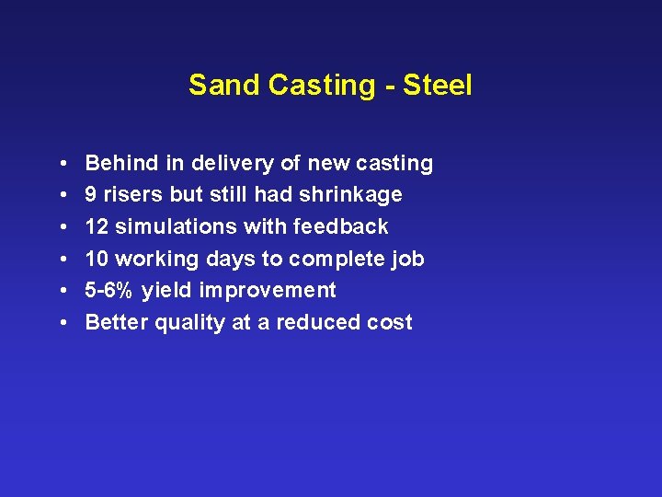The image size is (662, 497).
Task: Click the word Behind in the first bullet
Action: click(122, 164)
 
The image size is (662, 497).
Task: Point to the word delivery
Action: click(233, 164)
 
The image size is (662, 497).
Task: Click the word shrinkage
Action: click(350, 195)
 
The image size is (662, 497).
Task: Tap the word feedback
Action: click(341, 227)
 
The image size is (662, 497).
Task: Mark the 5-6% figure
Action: click(109, 291)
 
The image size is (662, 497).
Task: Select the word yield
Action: click(166, 291)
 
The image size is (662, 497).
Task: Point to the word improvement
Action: click(268, 291)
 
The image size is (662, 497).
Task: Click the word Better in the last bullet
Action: click(117, 323)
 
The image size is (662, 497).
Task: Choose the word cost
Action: click(391, 323)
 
